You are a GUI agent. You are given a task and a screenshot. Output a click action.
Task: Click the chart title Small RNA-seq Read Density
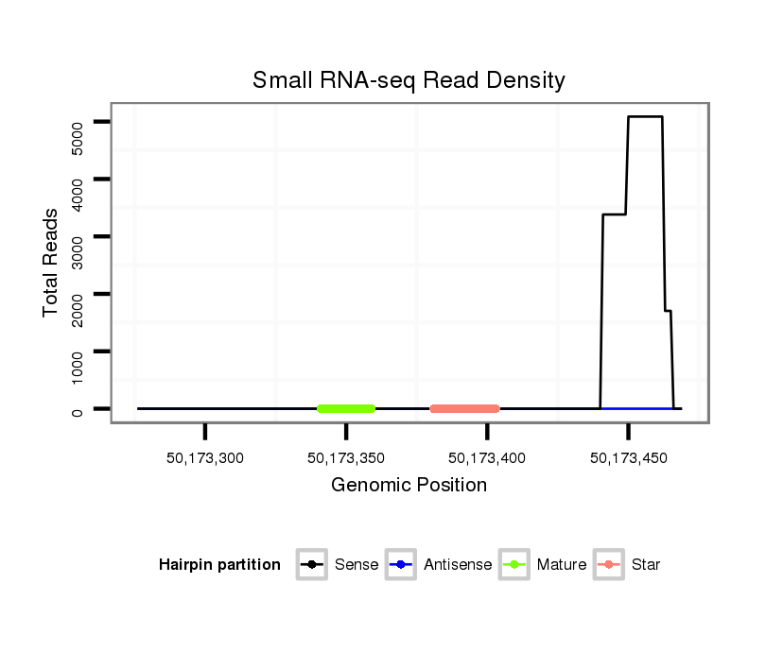(409, 80)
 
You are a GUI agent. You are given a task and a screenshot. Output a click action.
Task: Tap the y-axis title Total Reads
(52, 262)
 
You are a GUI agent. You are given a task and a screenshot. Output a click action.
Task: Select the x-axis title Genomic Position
(409, 486)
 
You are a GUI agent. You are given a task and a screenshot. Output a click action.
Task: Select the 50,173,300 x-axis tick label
(205, 458)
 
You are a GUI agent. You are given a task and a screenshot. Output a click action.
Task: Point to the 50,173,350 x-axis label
(346, 458)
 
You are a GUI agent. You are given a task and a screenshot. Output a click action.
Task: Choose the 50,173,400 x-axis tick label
(487, 458)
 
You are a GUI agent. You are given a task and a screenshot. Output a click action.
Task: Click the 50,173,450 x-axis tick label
(628, 458)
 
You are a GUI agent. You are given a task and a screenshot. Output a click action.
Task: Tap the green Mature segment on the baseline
(346, 408)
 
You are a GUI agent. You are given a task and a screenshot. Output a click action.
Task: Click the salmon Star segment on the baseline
(464, 408)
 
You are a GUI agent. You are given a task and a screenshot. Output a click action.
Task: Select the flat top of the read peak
(645, 116)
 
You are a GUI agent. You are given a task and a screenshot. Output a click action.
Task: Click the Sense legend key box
(312, 565)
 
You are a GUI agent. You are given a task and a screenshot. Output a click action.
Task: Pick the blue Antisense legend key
(401, 565)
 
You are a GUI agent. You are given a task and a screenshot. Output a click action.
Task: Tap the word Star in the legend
(645, 565)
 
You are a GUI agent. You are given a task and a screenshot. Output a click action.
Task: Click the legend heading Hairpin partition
(219, 565)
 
